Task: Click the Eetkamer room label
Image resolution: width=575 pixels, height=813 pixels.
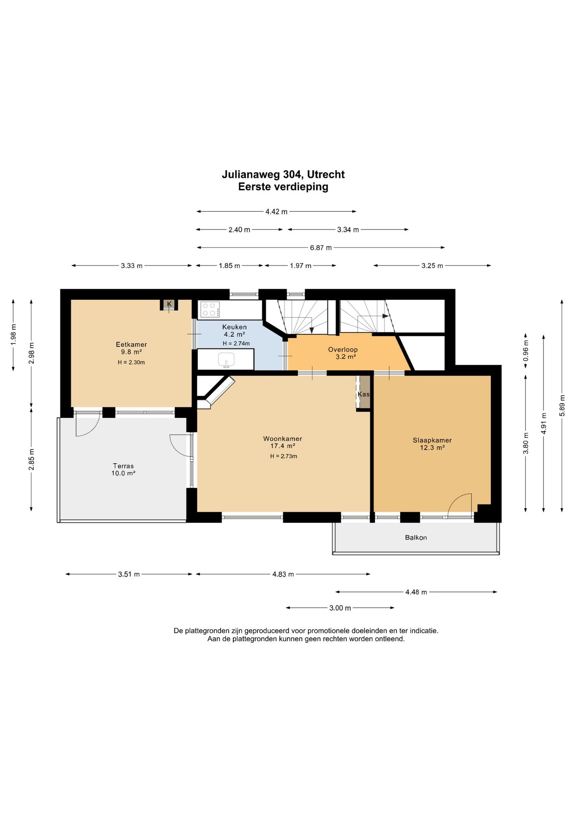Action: [x=131, y=345]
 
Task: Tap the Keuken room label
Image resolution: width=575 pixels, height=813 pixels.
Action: [x=235, y=327]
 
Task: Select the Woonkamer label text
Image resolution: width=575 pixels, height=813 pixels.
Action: [x=282, y=439]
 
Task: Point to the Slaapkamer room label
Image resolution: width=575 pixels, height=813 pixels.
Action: [x=432, y=440]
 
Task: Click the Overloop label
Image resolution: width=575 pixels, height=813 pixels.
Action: [x=343, y=350]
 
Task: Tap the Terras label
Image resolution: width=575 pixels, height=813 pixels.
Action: [x=123, y=466]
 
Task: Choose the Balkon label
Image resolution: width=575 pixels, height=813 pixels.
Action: [x=416, y=538]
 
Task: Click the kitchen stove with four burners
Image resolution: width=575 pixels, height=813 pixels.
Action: [x=210, y=309]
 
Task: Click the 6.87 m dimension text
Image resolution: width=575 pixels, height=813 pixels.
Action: [x=321, y=248]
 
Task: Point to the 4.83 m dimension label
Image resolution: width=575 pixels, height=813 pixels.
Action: [x=283, y=574]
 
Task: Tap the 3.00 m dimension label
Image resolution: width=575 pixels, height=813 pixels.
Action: [x=340, y=608]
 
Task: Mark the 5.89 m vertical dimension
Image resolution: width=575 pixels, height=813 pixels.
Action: [x=562, y=406]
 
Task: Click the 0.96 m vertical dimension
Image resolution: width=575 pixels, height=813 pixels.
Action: [x=526, y=351]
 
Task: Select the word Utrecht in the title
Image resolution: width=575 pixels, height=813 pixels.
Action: [x=326, y=174]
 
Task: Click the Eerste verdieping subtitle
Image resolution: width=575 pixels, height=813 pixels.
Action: [x=283, y=187]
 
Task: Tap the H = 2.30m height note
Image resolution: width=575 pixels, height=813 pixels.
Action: [x=131, y=362]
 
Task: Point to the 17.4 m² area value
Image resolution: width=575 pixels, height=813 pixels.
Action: [x=282, y=446]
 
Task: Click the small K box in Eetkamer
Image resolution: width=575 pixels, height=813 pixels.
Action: [x=169, y=304]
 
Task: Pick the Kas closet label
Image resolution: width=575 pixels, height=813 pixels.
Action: [x=363, y=394]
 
